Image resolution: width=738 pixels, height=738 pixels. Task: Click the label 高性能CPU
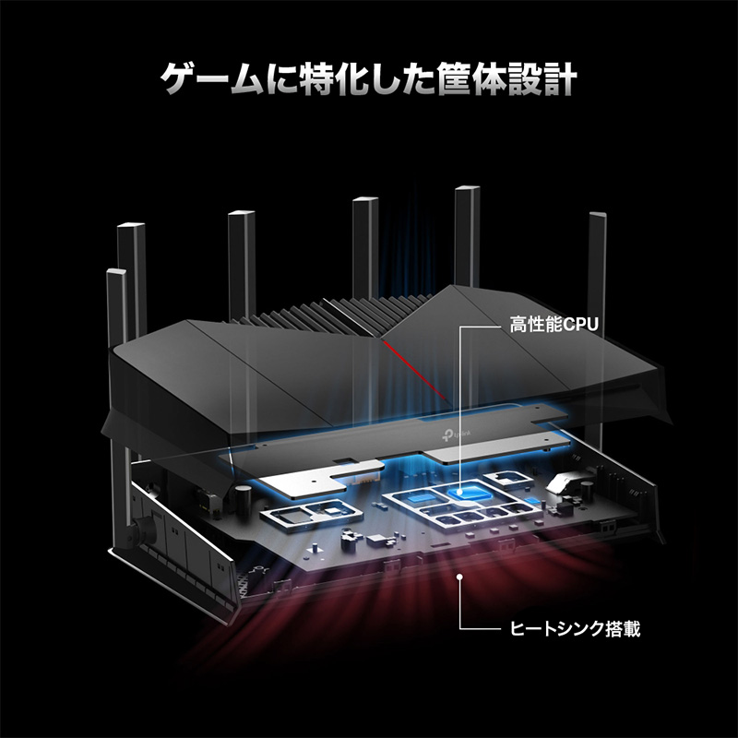pos(554,325)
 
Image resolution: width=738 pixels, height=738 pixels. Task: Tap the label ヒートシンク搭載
pos(575,628)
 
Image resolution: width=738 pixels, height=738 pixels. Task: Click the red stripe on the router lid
pos(413,371)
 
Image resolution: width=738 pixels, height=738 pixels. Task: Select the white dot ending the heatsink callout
pos(459,576)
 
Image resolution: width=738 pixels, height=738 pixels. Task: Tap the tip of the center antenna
pos(365,199)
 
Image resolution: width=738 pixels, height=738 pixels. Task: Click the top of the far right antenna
pos(597,215)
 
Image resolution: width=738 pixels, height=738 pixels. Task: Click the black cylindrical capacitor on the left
pos(242,496)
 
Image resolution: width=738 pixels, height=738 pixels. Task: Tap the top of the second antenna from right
pos(467,189)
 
